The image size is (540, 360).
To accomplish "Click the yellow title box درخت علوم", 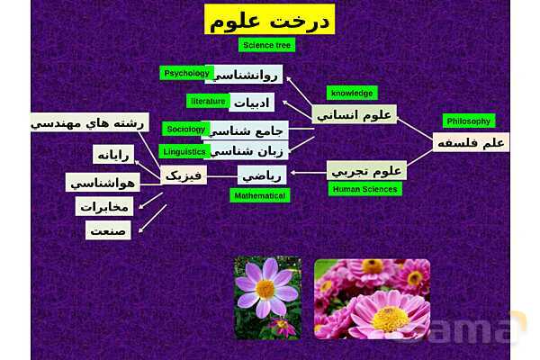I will tap(269, 20).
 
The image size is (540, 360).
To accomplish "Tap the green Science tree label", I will tap(266, 44).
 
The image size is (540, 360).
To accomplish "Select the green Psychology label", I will tap(185, 73).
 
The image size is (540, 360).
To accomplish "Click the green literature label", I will tap(208, 101).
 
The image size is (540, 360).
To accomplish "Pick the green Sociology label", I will tap(185, 129).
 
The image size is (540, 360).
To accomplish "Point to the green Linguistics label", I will tap(184, 151).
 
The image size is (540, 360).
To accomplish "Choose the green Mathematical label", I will tap(259, 194).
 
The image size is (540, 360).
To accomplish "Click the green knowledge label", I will tap(352, 93).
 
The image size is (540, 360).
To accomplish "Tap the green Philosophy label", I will tap(469, 121).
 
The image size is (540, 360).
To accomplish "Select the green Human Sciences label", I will tap(364, 189).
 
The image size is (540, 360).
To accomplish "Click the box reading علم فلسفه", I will tap(471, 142).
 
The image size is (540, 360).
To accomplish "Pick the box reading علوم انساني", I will tap(355, 114).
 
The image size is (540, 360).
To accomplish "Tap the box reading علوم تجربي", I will tap(367, 169).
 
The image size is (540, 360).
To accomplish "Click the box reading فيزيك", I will tap(184, 174).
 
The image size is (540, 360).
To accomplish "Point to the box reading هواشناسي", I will tap(102, 183).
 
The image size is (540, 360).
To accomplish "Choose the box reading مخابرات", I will tap(103, 207).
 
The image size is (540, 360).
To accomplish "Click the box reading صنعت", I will tap(109, 230).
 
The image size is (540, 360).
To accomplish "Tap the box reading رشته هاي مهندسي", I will tap(89, 121).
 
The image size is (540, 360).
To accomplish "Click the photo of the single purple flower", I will tap(267, 297).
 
